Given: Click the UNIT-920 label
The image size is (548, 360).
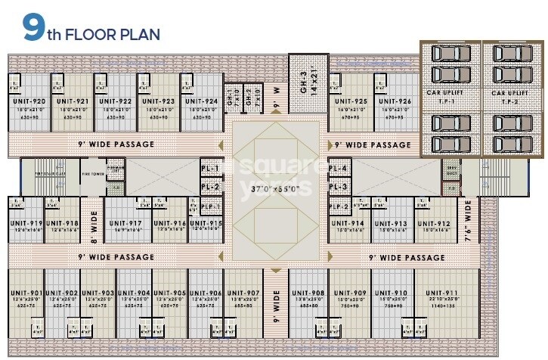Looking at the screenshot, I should [x=29, y=101].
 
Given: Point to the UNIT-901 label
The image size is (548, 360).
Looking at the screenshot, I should [x=27, y=293].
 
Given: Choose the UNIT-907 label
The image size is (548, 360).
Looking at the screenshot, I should [x=243, y=293].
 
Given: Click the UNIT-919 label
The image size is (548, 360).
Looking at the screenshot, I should [x=26, y=223].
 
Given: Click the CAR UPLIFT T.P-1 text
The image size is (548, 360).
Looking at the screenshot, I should [x=450, y=96].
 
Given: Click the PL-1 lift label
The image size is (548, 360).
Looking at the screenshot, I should [x=209, y=168].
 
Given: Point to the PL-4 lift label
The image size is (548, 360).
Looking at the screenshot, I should [x=338, y=168].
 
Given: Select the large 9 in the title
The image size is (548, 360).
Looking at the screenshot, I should [x=33, y=28].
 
